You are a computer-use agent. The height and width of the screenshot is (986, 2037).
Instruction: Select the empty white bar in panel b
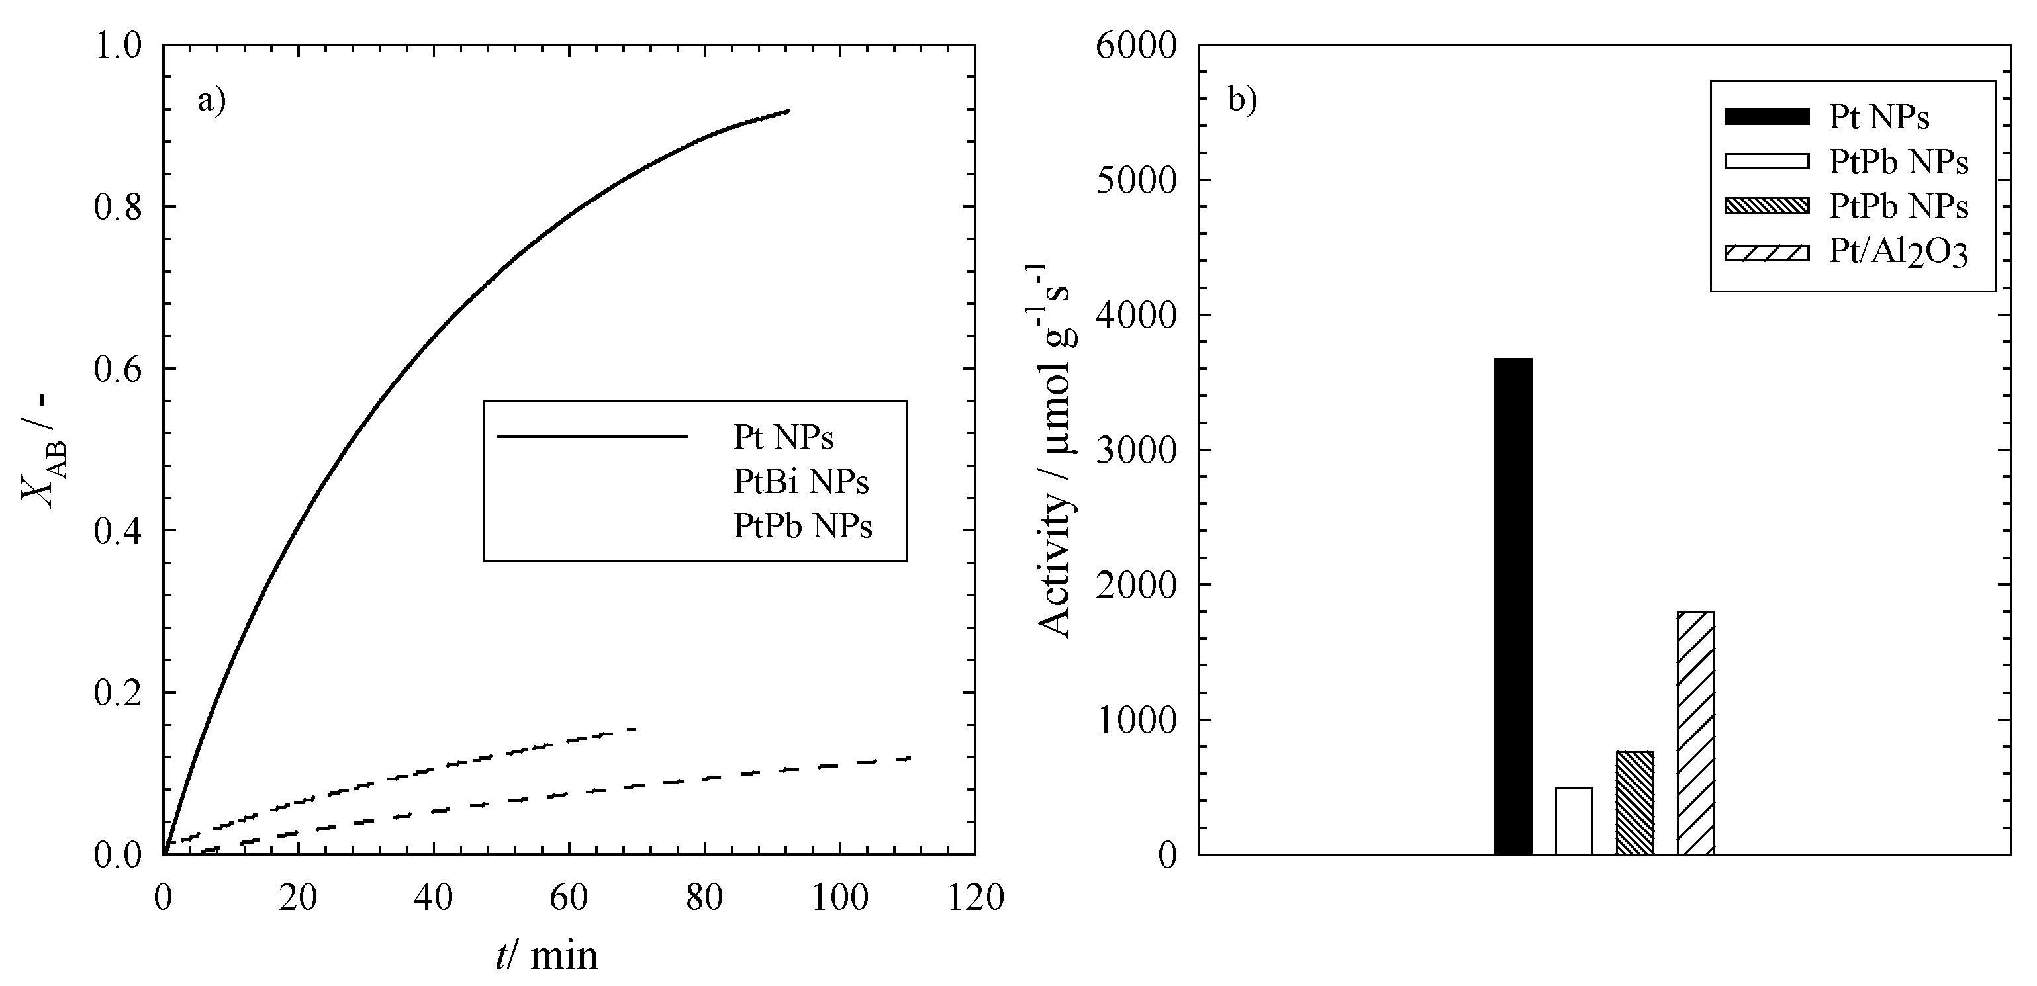point(1574,821)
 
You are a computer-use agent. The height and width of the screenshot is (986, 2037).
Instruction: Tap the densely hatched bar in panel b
point(1634,803)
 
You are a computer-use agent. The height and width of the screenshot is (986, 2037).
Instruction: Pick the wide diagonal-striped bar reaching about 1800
point(1695,733)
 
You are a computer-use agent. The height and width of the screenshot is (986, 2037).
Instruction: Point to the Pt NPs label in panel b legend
point(1879,117)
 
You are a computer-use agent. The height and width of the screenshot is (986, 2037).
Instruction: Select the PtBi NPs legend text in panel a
point(800,482)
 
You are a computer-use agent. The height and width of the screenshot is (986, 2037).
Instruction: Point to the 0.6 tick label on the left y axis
point(118,369)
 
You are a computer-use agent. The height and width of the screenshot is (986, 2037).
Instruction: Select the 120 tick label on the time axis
point(974,898)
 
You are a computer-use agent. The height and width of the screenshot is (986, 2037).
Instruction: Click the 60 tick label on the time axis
point(569,898)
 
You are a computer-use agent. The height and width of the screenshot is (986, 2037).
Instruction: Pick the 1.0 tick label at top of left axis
point(118,46)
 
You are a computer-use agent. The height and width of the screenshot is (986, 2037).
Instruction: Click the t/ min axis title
point(546,955)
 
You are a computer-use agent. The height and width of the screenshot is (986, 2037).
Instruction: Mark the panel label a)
point(211,101)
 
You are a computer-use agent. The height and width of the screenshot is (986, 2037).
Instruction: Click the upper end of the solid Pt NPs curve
point(788,111)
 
